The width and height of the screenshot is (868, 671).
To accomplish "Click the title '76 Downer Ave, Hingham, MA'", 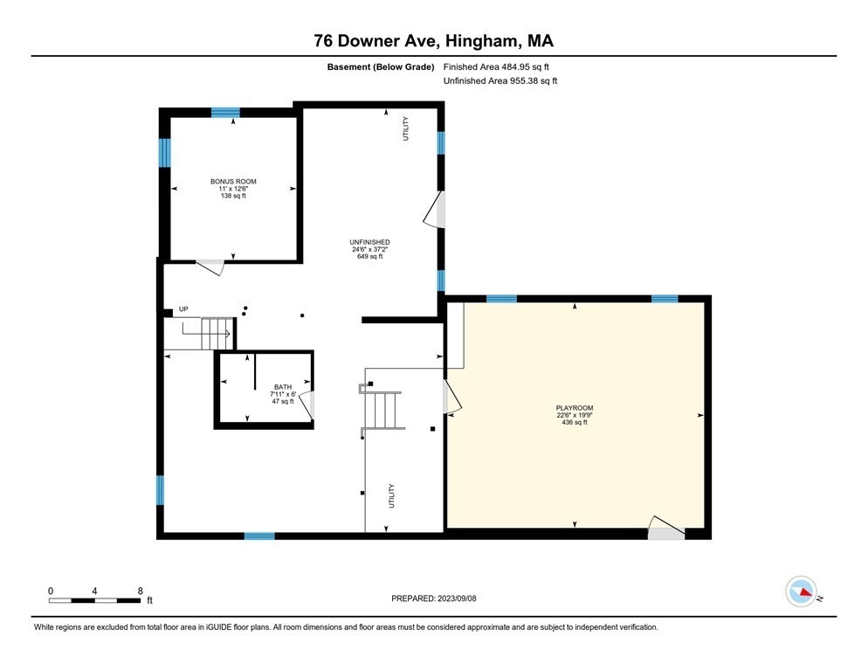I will click(x=434, y=40).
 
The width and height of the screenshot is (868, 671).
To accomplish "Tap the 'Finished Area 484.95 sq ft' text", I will click(x=496, y=66).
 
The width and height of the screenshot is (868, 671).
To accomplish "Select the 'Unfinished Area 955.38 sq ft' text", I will click(x=500, y=80).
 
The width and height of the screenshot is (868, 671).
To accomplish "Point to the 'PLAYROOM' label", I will click(x=574, y=408).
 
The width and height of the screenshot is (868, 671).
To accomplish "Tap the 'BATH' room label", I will click(x=283, y=387).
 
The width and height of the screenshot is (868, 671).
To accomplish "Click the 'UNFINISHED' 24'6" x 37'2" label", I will click(x=369, y=242).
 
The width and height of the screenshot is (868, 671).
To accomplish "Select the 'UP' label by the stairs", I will click(x=183, y=309).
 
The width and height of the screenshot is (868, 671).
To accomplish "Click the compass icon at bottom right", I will click(x=801, y=591).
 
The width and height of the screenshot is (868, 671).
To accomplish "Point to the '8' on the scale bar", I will click(x=141, y=591).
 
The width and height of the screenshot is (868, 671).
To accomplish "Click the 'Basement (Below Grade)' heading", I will click(x=381, y=66).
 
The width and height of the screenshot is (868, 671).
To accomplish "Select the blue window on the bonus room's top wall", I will click(x=225, y=112).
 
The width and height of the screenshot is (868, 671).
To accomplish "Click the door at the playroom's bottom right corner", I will click(x=665, y=528).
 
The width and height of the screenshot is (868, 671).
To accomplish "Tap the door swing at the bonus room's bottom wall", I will click(x=210, y=266).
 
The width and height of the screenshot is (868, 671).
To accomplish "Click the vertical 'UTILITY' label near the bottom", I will click(x=392, y=496).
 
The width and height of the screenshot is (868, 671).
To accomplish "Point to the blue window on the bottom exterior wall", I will click(x=258, y=536).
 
